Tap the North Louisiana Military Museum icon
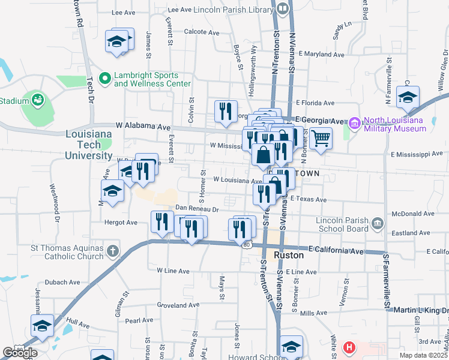point(354,124)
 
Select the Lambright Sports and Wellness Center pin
point(105,78)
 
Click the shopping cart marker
point(321,138)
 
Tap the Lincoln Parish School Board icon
point(378,224)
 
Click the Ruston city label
point(289,255)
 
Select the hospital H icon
point(349,347)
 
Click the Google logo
point(20,353)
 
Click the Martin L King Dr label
point(420,310)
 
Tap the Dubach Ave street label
point(66,282)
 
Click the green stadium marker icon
point(37,98)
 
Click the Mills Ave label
point(313,313)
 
